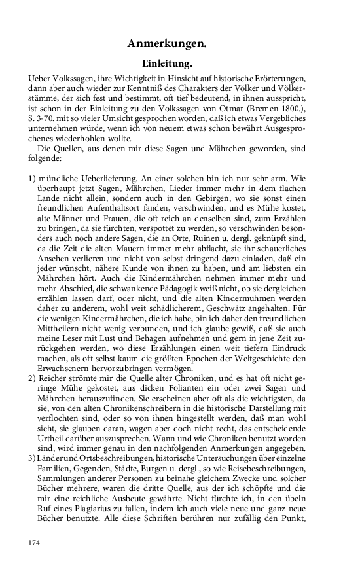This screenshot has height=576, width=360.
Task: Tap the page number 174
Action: [x=35, y=543]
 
